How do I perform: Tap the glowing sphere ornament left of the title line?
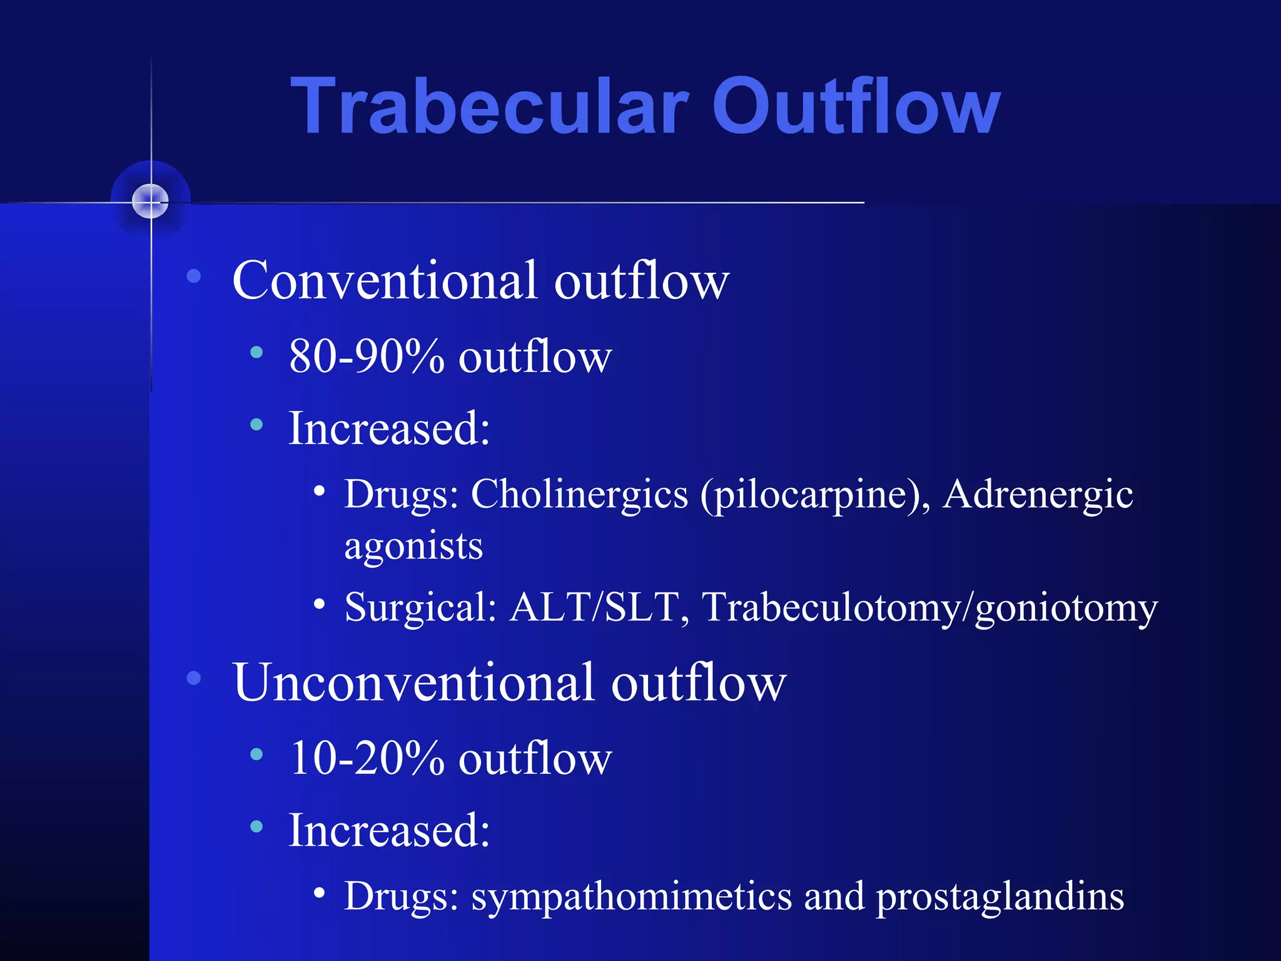151,201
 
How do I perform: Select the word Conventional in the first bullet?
384,281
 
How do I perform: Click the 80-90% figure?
367,357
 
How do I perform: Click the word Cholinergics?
579,494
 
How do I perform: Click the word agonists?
413,546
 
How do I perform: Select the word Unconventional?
413,683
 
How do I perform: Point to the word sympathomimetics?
631,897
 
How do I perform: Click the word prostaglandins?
999,897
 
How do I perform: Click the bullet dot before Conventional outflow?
194,276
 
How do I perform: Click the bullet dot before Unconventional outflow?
194,678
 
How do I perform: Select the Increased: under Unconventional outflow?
388,831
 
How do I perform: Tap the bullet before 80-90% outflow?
256,353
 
